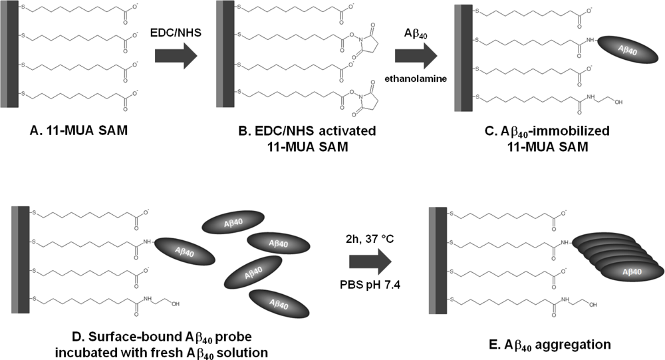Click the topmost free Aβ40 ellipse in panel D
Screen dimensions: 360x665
tap(231, 222)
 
